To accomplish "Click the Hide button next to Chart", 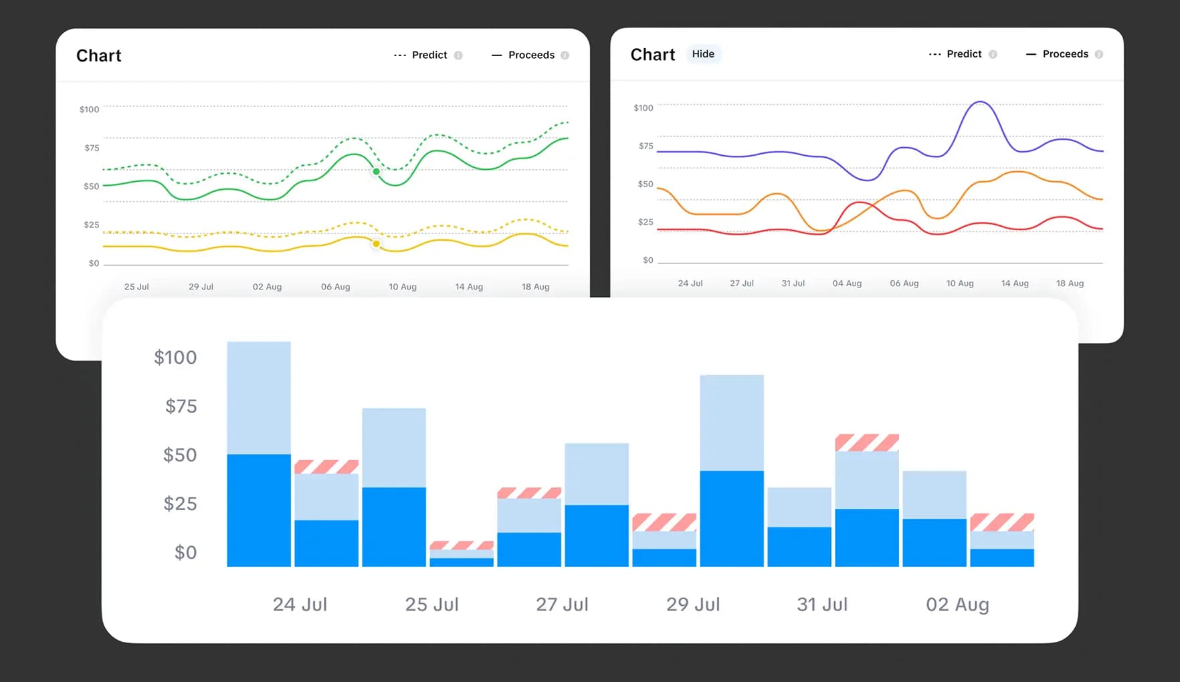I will [x=703, y=54].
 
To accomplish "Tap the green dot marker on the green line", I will [x=377, y=172].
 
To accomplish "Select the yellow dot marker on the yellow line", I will [x=377, y=244].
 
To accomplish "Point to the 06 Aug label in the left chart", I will [x=335, y=287].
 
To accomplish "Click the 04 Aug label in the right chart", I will [x=847, y=283].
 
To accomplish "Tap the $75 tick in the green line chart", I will [x=92, y=148].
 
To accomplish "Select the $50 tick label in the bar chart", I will [x=180, y=455].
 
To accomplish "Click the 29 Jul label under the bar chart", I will [x=693, y=604].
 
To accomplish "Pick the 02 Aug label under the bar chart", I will [x=957, y=604].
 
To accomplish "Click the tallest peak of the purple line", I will [x=980, y=102].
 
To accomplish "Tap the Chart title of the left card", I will [x=99, y=55].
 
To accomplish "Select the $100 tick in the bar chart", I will [x=175, y=358].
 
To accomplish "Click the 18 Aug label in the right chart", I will [x=1070, y=283].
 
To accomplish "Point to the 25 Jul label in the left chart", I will [x=136, y=287].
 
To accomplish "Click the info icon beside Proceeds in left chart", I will [x=565, y=55].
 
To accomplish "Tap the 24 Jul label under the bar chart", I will [x=300, y=604].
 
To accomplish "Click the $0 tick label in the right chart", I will [x=648, y=260].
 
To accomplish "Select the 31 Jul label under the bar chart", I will [x=822, y=604].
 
